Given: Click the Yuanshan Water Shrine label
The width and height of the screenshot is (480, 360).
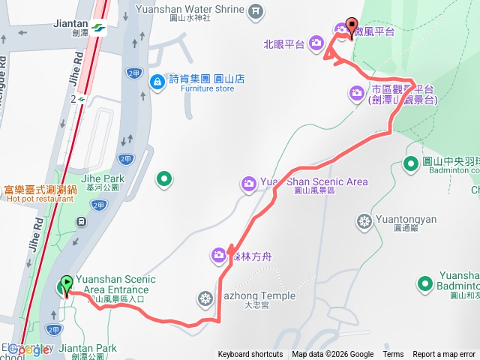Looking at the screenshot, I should click(x=191, y=10).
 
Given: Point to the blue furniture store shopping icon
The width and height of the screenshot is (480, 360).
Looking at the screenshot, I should click(x=157, y=80).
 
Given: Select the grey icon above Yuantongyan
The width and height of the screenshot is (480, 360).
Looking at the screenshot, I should click(x=364, y=221).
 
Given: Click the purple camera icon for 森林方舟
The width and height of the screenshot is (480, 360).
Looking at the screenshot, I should click(x=218, y=256).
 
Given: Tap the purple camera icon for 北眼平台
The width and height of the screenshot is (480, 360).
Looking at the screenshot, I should click(x=316, y=43).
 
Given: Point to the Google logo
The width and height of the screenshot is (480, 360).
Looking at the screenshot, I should click(x=28, y=349).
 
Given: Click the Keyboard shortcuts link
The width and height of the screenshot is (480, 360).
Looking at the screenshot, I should click(x=250, y=355).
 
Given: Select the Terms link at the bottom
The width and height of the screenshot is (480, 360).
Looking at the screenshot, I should click(x=393, y=355).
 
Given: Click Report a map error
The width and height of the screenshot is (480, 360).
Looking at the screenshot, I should click(x=444, y=355).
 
